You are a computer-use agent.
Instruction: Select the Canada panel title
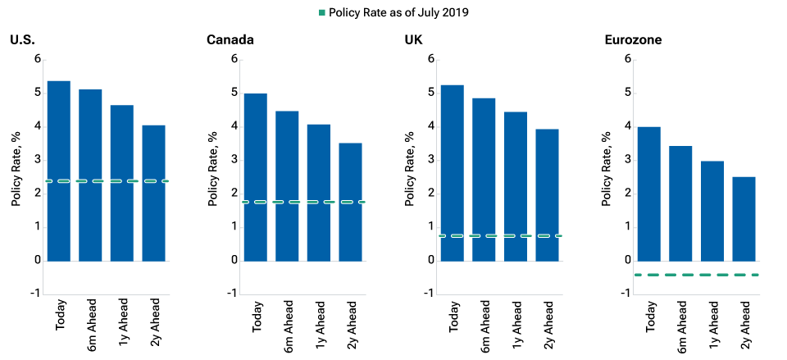tap(229, 39)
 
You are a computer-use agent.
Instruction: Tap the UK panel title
tap(414, 39)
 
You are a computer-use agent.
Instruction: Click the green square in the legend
tap(322, 13)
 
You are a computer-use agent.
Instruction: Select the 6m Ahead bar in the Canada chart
tap(287, 185)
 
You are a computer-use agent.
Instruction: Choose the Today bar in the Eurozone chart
tap(648, 194)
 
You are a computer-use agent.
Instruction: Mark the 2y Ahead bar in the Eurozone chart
tap(744, 219)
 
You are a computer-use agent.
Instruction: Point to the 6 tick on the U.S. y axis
tap(36, 59)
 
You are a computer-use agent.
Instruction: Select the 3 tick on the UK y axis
tap(431, 160)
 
